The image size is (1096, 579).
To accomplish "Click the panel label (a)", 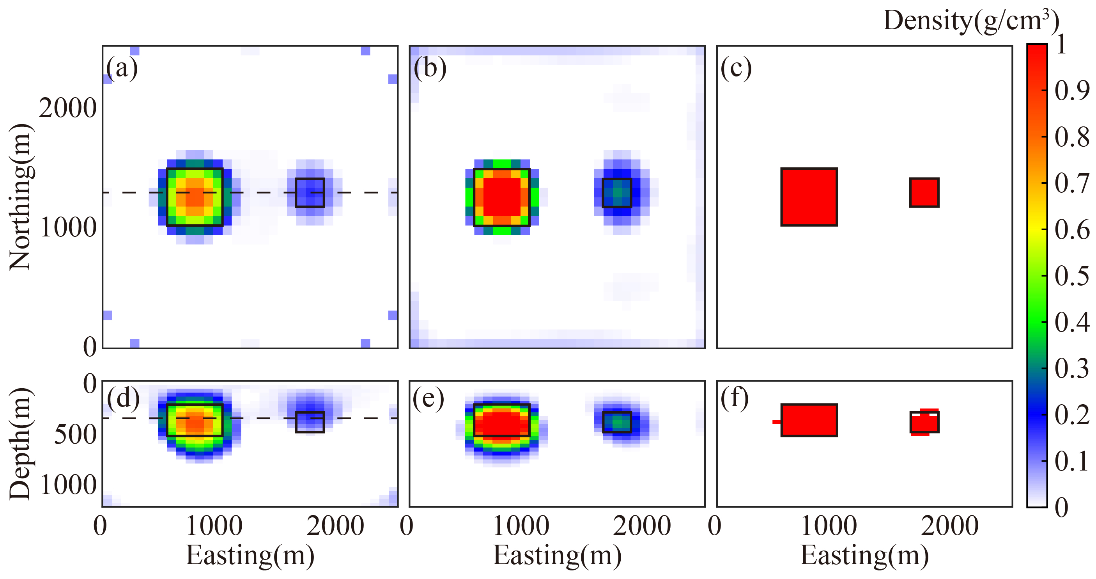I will [x=122, y=68].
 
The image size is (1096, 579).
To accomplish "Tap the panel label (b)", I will [x=430, y=68].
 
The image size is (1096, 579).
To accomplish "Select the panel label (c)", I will [x=736, y=68].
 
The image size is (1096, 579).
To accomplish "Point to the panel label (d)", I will [x=123, y=398].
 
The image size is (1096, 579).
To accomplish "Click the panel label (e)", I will [x=428, y=398].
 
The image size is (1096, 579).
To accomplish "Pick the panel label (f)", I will [x=735, y=398].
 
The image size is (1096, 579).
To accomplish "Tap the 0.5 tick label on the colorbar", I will [x=1072, y=276].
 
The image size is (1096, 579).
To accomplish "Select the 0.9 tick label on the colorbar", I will [x=1072, y=91].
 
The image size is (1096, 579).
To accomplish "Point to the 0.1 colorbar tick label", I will [x=1072, y=461].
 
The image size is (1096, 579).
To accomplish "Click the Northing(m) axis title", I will [x=20, y=197].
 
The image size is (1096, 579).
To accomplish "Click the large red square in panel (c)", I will [x=809, y=197].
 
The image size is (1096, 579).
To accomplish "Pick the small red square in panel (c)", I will [x=924, y=193].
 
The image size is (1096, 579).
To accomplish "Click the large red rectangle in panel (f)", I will [x=809, y=420].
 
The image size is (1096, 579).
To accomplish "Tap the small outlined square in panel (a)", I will [x=310, y=193].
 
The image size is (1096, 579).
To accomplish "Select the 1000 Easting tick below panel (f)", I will [x=829, y=526].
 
